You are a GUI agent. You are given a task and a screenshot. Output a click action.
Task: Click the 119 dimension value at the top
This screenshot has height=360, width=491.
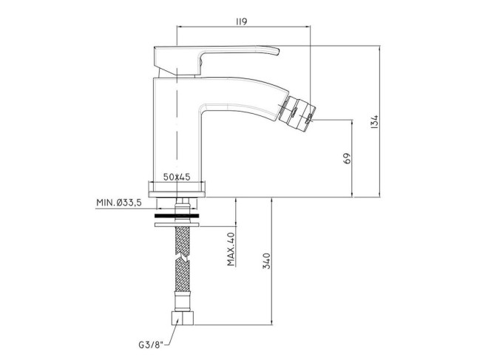pos(241,21)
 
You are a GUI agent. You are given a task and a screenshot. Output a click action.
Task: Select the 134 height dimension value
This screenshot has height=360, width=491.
pos(374,122)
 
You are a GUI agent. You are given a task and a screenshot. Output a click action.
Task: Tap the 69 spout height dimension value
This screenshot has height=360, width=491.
pos(348,158)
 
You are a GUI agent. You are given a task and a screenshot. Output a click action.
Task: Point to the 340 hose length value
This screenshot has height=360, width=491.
pos(266,261)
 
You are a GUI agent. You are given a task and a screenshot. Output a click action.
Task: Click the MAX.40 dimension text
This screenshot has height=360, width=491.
pos(231,249)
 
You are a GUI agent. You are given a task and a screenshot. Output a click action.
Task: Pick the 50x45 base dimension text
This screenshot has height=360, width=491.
pos(177,177)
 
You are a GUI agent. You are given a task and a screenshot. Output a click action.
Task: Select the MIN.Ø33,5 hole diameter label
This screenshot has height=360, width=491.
pos(119,203)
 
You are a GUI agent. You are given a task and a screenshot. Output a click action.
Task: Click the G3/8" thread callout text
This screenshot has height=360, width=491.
pos(151,345)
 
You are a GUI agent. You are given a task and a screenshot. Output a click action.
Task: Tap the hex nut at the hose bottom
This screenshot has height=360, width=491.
pos(183,318)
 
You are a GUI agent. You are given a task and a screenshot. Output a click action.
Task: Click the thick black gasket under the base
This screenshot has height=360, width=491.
pos(177,216)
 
